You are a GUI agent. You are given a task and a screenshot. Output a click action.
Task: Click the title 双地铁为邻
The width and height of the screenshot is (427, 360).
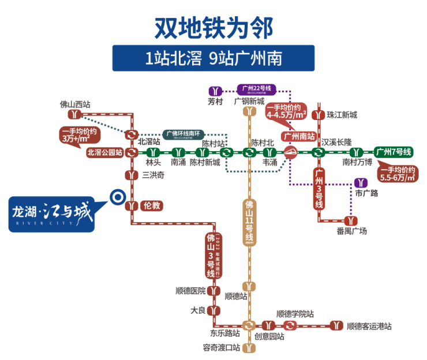(x=213, y=26)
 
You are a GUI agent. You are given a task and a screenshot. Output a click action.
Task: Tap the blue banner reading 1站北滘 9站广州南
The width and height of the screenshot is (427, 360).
(x=213, y=58)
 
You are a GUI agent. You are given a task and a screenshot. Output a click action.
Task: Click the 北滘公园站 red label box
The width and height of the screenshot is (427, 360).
(x=104, y=153)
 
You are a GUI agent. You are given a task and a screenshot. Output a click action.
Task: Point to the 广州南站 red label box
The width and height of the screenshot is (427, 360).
(x=299, y=137)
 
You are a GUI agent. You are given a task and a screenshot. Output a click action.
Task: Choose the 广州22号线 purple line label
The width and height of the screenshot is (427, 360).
(x=257, y=89)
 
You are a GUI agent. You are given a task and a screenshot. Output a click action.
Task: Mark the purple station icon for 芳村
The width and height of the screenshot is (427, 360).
(x=215, y=91)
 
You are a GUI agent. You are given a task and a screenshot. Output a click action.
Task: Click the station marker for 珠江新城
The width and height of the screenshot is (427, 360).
(x=317, y=115)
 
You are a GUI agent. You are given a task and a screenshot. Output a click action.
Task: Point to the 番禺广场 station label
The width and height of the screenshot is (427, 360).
(x=351, y=232)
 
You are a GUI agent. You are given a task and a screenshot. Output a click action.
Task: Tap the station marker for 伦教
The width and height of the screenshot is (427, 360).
(x=132, y=205)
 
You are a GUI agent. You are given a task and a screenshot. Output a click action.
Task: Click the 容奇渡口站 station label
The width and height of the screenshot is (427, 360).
(x=221, y=347)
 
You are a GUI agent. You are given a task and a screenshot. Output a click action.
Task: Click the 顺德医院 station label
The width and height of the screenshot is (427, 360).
(x=190, y=291)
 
